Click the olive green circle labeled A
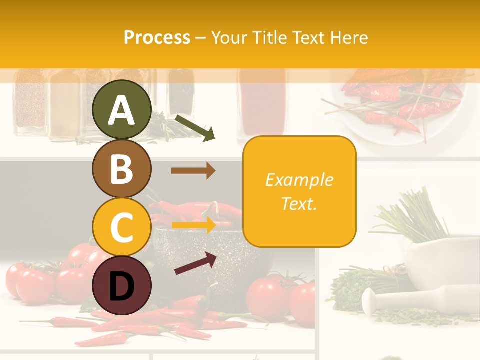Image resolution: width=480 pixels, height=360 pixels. tap(121, 109)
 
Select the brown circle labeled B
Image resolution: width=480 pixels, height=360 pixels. tap(121, 168)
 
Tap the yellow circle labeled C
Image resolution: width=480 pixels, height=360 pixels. tap(121, 227)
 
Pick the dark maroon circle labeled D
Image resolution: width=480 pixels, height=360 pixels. tap(121, 285)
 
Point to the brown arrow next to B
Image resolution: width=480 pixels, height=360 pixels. tap(193, 170)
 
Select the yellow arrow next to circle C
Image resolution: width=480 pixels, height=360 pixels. tap(193, 224)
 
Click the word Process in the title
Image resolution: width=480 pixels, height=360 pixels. tap(157, 37)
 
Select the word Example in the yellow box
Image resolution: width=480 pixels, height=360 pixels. tap(299, 180)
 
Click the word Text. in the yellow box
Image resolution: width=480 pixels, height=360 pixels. tap(299, 203)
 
